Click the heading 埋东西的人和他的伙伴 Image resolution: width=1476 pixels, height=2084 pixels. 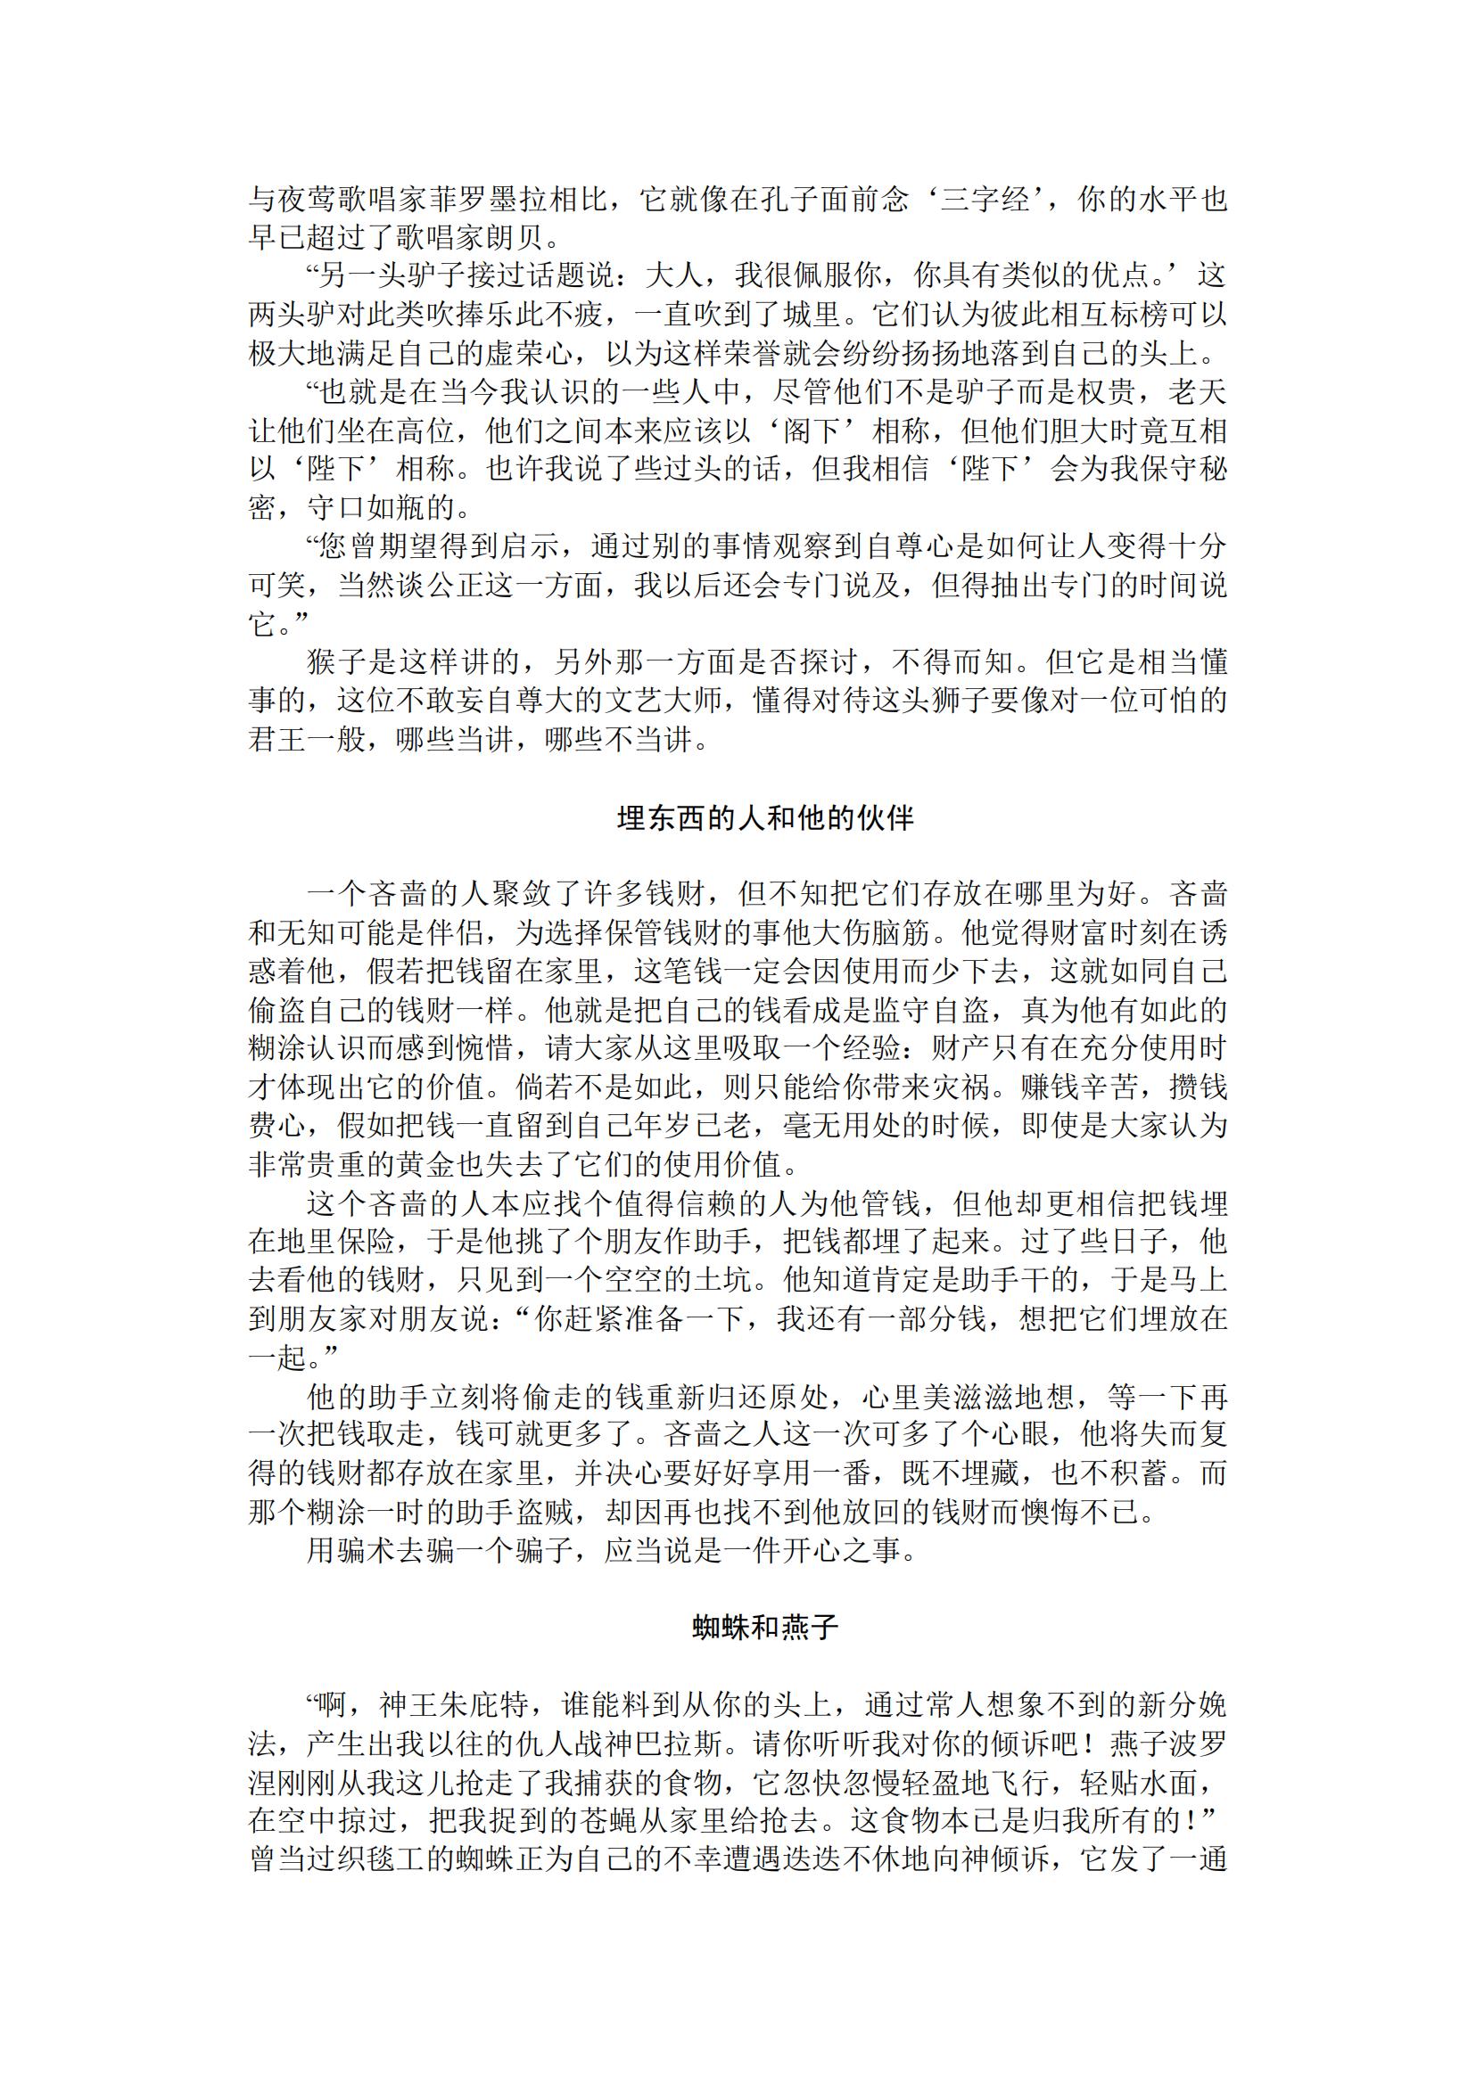pos(764,818)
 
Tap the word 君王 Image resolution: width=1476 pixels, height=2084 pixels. pos(278,740)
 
